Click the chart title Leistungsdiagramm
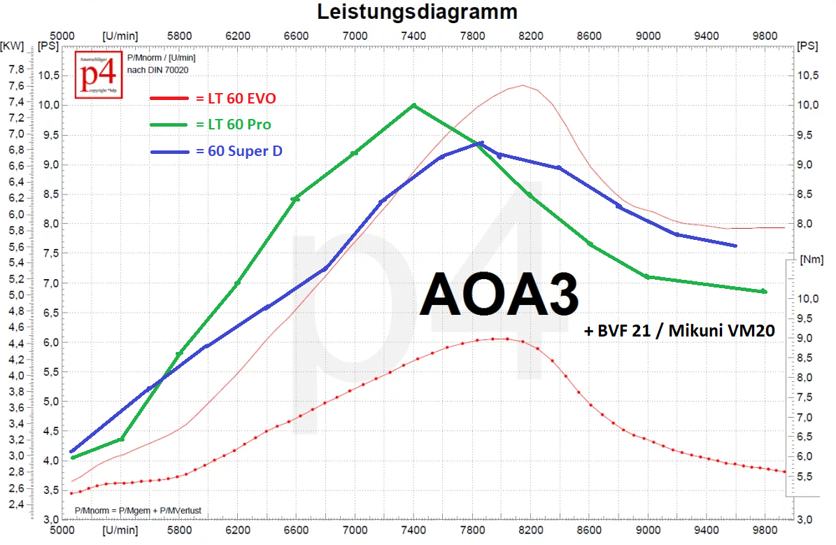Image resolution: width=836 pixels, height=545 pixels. coord(417,12)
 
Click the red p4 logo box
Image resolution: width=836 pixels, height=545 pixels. coord(99,74)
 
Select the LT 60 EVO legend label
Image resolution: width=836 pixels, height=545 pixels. coord(235,98)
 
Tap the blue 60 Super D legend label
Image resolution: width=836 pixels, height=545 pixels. coord(245,150)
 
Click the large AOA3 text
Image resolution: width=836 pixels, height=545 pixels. coord(499,295)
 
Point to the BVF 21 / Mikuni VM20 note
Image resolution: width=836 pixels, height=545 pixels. coord(679,332)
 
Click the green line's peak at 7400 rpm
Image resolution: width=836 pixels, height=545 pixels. coord(413,105)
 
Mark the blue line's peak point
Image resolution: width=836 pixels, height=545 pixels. coord(481,143)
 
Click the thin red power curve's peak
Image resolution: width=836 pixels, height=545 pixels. coord(523,85)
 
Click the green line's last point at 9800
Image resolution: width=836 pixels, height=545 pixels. coord(764,291)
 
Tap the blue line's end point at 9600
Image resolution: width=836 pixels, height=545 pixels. coord(735,246)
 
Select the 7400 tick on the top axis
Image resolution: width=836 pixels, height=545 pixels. coord(413,35)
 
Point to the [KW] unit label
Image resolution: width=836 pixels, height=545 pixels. coord(13,47)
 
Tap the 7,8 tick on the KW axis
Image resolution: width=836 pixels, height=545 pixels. coord(15,69)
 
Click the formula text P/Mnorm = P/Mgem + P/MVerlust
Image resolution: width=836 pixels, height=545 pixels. coord(138,511)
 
